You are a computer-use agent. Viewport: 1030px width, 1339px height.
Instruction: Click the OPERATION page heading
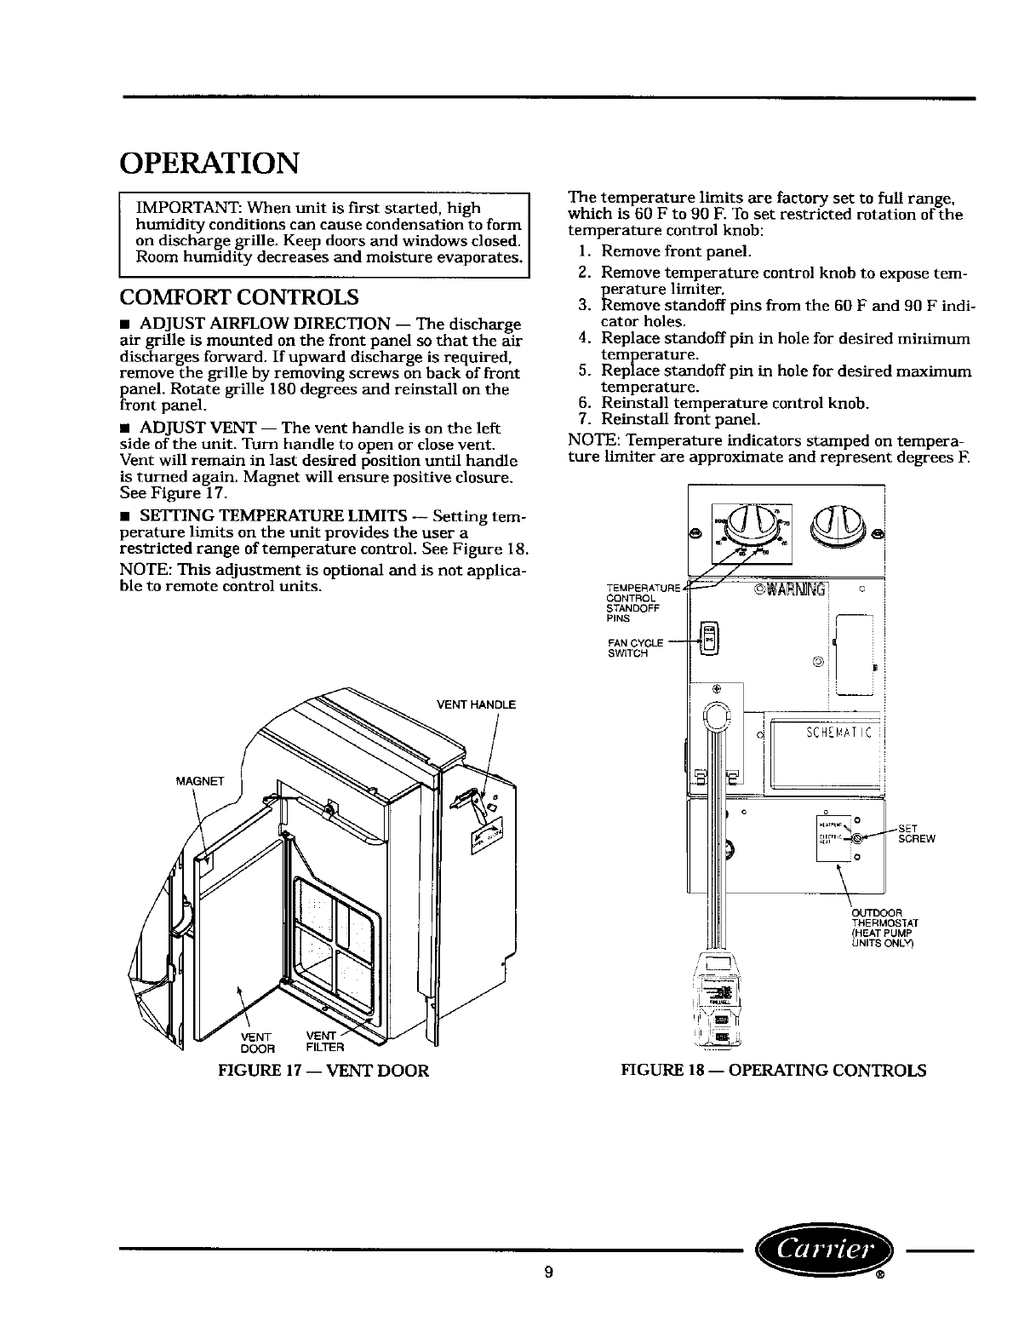click(x=210, y=162)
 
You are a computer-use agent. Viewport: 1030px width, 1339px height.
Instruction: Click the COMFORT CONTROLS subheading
click(x=238, y=297)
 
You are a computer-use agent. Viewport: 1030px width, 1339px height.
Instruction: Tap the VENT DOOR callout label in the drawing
click(x=257, y=1041)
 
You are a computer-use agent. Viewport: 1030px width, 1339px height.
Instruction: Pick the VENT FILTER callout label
click(x=323, y=1041)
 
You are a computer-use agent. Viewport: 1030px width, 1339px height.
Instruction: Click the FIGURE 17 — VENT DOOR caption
click(x=323, y=1070)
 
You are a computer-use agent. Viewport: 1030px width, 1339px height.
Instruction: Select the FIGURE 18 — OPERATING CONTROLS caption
click(x=773, y=1070)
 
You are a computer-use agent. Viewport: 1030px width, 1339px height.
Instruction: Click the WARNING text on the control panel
click(x=791, y=590)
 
